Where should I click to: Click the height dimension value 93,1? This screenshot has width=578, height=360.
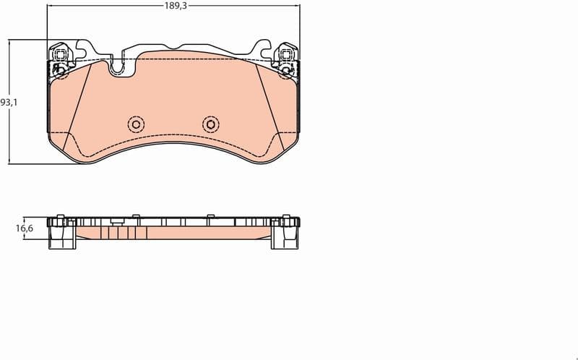point(8,102)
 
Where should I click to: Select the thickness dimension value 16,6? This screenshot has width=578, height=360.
point(24,228)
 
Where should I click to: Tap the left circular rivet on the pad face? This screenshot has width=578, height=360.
point(135,124)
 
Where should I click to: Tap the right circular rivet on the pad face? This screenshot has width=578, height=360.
point(210,124)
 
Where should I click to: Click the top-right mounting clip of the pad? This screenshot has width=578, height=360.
point(287,58)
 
